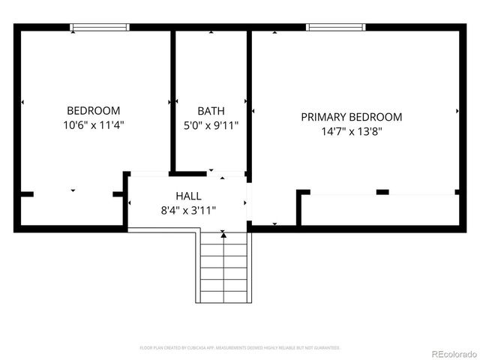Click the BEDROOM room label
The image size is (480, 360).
[94, 111]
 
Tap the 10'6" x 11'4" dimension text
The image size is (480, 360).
[94, 125]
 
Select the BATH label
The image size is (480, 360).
[211, 111]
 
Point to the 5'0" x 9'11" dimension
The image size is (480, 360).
[211, 125]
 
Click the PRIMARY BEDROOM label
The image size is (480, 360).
[351, 117]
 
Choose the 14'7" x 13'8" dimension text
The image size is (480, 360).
[351, 131]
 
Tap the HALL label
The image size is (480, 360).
[188, 196]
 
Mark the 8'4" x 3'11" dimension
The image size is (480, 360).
[188, 210]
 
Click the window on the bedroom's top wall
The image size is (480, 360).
[100, 28]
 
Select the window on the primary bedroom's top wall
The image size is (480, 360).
[336, 28]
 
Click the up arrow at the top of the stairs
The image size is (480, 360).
[223, 236]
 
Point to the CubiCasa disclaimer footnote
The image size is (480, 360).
[240, 348]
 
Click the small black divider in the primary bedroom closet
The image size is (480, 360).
[382, 193]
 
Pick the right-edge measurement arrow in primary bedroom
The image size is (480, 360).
[457, 111]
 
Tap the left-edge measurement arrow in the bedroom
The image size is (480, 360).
[22, 102]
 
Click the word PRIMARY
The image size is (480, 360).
[324, 117]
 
